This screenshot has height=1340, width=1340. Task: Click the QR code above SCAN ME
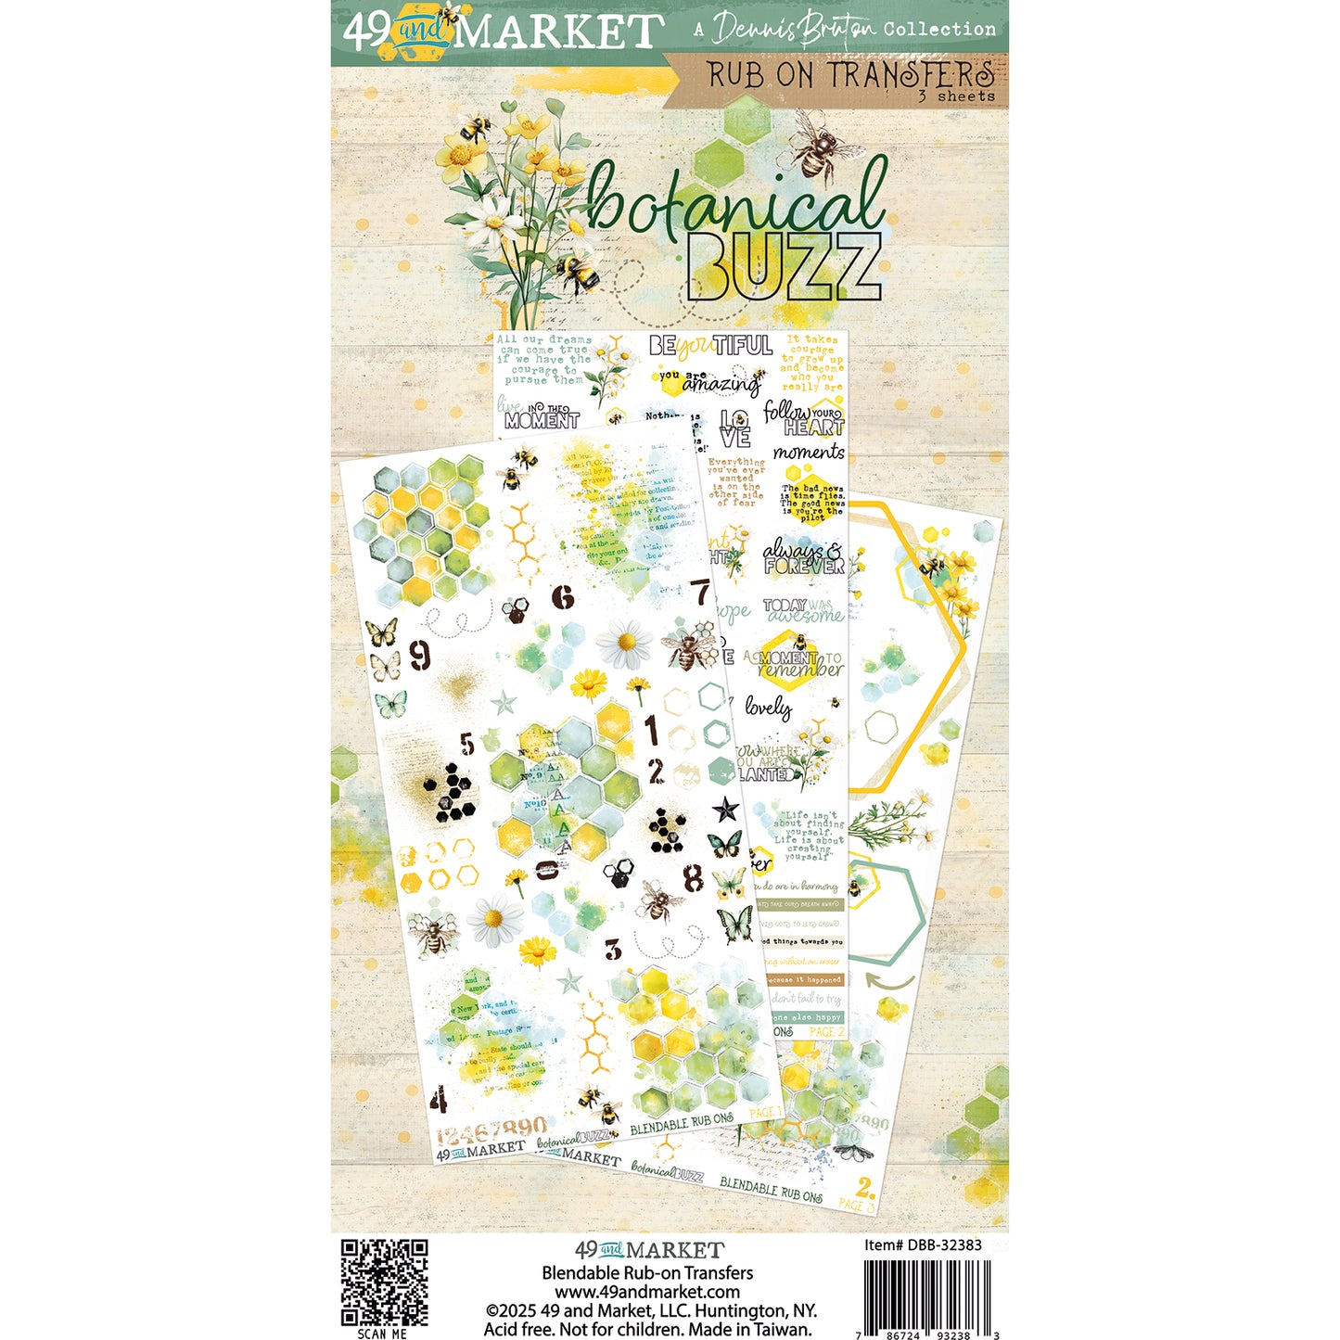[x=384, y=1282]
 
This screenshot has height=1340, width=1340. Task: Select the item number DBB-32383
[x=923, y=1244]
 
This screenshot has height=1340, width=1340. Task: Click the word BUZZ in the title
[x=784, y=268]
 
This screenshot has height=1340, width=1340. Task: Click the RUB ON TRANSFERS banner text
[x=849, y=74]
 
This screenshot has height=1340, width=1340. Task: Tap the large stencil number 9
[x=420, y=656]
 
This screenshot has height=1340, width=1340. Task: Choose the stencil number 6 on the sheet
[x=563, y=596]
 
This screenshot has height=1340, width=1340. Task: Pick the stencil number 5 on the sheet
[x=466, y=744]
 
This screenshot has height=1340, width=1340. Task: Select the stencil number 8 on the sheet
[x=693, y=877]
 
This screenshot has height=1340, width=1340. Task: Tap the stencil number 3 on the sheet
[x=613, y=950]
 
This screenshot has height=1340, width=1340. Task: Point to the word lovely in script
[x=768, y=708]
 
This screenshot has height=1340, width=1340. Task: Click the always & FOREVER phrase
[x=803, y=559]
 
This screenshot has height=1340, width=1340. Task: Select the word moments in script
[x=809, y=453]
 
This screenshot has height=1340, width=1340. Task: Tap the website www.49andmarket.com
[x=647, y=1292]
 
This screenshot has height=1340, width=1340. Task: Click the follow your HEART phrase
[x=804, y=418]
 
